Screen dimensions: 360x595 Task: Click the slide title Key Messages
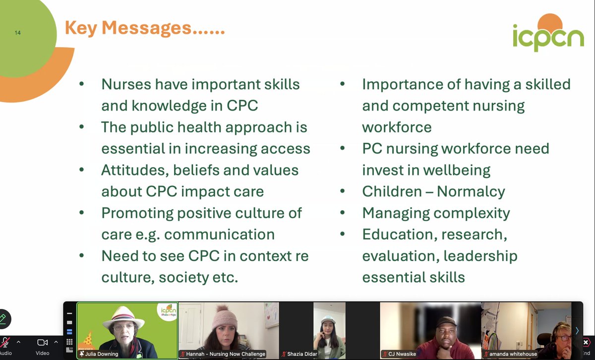(145, 28)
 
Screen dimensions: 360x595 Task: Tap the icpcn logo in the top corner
(548, 35)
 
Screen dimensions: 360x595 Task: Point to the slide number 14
(18, 33)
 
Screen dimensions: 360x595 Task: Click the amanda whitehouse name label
(513, 354)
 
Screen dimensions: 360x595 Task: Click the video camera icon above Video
(43, 342)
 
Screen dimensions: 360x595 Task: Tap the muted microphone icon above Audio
(6, 342)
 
